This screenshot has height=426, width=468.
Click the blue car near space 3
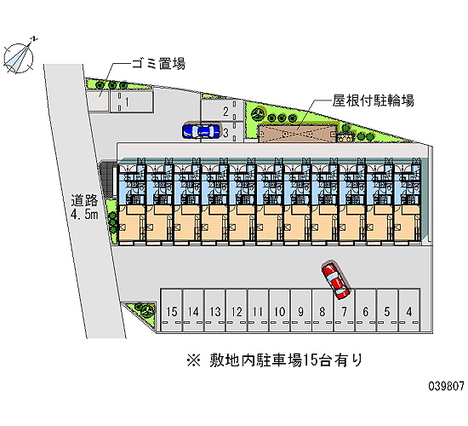tap(201, 130)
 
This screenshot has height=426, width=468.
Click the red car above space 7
tap(335, 280)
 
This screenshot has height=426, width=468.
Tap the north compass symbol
tap(19, 57)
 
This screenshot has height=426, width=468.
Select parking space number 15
tap(171, 310)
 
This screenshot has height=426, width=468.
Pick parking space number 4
tap(409, 310)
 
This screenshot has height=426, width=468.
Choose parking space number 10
tap(280, 310)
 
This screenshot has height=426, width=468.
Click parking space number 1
tap(131, 101)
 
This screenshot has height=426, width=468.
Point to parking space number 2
tap(222, 111)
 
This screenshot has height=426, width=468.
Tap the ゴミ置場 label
tap(158, 63)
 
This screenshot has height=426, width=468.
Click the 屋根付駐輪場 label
tap(374, 101)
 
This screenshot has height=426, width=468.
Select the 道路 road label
tap(84, 200)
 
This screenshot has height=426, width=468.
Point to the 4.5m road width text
tap(84, 214)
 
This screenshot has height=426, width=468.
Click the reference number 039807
tap(447, 386)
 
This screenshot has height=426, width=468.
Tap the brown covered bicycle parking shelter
tap(298, 134)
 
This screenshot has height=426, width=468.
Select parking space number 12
tap(237, 310)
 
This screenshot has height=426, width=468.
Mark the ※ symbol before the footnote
tap(194, 360)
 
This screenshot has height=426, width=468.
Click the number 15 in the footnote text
tap(310, 360)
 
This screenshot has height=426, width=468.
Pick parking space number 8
tap(322, 310)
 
